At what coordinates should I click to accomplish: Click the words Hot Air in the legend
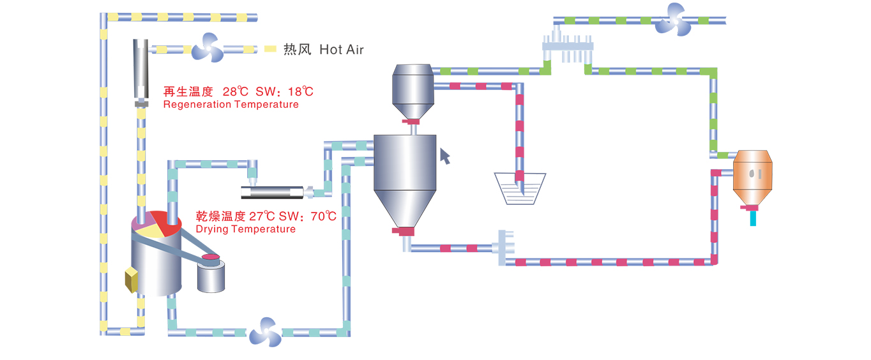[x=341, y=49]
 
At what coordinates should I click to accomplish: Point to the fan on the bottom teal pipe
[x=264, y=333]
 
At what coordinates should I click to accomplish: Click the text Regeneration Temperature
[x=231, y=104]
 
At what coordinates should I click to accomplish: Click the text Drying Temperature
[x=245, y=229]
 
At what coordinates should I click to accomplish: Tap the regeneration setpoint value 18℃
[x=298, y=91]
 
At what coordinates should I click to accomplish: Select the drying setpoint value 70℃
[x=322, y=216]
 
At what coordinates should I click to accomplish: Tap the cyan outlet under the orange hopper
[x=754, y=218]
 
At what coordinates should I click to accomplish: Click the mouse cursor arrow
[x=445, y=155]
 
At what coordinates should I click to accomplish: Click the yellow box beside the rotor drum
[x=132, y=279]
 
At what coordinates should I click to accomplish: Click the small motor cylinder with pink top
[x=211, y=273]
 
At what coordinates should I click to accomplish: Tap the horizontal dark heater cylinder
[x=271, y=191]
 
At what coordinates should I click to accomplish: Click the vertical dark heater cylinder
[x=140, y=69]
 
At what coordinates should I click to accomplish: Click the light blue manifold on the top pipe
[x=568, y=47]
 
